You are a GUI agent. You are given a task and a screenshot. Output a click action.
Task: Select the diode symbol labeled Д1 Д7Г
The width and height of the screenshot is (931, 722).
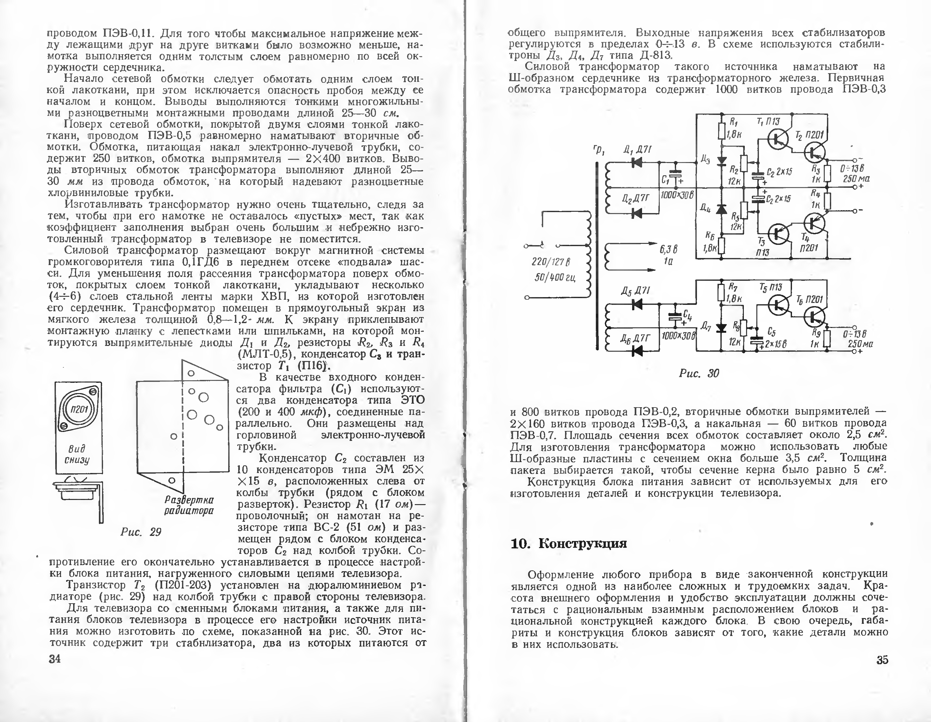click(637, 162)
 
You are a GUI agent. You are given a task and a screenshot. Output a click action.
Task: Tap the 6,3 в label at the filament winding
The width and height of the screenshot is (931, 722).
click(668, 249)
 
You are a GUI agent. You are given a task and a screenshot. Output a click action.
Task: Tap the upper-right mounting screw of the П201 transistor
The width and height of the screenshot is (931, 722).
click(93, 391)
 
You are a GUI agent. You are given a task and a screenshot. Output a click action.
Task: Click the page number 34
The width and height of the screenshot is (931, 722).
click(55, 659)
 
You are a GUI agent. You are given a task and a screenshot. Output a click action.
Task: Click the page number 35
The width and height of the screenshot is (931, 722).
click(882, 660)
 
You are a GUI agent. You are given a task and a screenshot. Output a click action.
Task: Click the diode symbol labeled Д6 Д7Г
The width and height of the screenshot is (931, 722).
click(637, 350)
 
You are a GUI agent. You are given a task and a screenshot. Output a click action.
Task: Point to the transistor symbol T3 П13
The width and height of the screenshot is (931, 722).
click(779, 234)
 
